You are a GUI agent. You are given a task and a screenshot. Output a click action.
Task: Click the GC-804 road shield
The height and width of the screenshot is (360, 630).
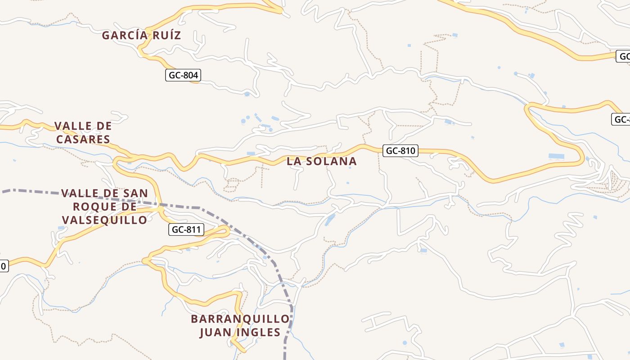183,75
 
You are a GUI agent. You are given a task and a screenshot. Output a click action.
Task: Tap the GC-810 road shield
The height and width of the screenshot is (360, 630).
400,151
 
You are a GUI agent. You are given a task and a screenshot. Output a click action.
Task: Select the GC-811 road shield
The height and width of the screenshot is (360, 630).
187,230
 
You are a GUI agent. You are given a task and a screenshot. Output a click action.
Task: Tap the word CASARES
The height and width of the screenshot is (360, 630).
83,139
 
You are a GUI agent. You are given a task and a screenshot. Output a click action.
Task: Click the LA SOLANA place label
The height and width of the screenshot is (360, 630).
322,161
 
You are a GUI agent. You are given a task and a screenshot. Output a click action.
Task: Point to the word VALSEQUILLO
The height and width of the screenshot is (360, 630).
104,220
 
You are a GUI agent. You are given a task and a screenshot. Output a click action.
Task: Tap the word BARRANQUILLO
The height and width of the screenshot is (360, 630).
240,319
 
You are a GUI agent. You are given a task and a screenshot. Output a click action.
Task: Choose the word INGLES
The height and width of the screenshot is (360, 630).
261,333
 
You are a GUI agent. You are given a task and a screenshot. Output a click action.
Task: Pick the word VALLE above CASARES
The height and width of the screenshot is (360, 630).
70,126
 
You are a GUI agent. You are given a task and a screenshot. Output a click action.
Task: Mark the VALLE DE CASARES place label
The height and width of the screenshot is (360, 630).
83,133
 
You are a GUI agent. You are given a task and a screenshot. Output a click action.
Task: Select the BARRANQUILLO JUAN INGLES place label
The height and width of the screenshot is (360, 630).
240,326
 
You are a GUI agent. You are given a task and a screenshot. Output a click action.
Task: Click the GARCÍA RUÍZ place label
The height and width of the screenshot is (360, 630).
141,35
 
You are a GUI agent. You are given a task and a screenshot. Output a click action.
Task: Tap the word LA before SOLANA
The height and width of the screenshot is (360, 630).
294,161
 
